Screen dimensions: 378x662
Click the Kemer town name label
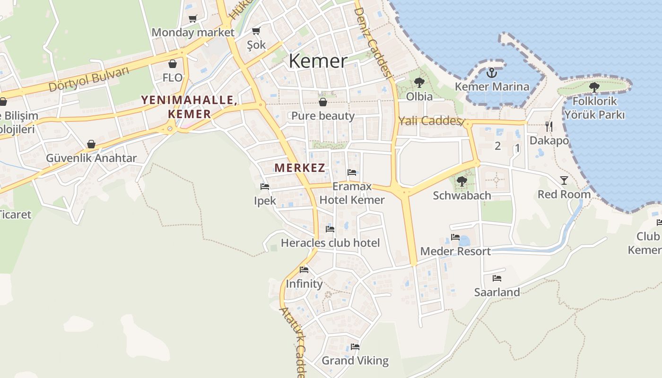318,61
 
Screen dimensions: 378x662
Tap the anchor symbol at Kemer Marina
492,73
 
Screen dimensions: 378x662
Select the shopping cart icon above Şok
256,31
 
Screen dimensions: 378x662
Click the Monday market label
193,33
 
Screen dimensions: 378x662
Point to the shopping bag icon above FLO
173,64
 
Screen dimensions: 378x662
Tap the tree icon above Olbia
419,83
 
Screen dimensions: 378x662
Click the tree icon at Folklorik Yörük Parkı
594,87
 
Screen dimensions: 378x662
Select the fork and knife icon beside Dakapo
549,126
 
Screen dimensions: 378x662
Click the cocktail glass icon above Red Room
564,180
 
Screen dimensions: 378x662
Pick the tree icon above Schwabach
462,181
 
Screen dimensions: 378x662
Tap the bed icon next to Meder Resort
455,237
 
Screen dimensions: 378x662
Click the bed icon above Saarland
496,278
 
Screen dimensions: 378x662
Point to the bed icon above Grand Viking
355,346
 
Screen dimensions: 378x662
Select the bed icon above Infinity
304,270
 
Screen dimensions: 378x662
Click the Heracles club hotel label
330,243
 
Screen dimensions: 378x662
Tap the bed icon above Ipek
264,187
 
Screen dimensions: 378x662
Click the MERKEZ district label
300,168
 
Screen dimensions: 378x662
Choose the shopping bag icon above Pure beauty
323,102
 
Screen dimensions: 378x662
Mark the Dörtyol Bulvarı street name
89,79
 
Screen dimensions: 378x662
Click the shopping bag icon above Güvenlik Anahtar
91,144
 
